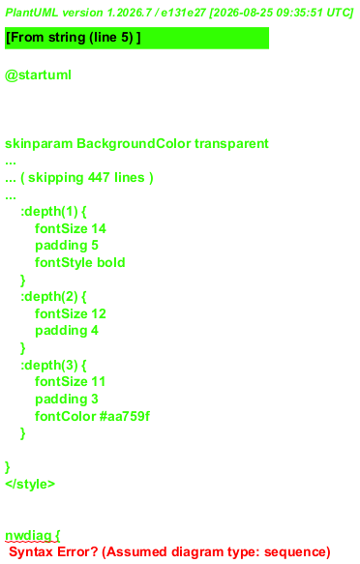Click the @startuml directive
[38, 75]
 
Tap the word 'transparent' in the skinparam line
[231, 144]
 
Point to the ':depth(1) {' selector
[53, 212]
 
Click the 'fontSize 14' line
[71, 228]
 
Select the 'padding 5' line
[67, 246]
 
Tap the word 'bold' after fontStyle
[111, 262]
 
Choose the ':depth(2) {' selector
[53, 297]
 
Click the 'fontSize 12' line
[71, 313]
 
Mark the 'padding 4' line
[67, 331]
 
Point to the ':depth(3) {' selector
[53, 366]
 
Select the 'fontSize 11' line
[70, 381]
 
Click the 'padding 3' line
[67, 400]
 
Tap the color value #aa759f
[125, 416]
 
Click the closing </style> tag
[30, 484]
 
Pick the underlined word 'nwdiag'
[28, 536]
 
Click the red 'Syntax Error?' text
[53, 552]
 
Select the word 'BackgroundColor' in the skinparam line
[134, 144]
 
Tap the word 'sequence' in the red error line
[294, 552]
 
